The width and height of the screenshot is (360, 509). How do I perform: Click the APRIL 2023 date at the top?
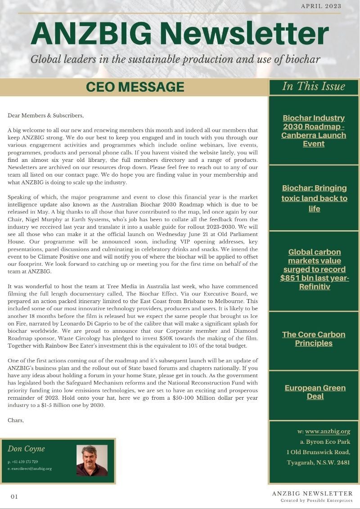[321, 6]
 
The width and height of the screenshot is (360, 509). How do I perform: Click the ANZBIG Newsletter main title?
[180, 34]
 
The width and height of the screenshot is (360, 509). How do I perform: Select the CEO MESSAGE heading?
[135, 87]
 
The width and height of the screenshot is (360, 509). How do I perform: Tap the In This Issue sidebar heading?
[314, 86]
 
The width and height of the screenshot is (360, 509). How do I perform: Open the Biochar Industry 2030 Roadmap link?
[314, 131]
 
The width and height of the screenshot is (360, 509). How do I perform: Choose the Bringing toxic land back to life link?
[315, 198]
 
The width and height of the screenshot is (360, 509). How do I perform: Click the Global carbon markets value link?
[314, 269]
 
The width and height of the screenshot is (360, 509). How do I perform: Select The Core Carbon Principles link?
[314, 339]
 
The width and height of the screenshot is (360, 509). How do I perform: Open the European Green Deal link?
[315, 392]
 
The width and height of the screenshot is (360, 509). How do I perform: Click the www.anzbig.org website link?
[327, 432]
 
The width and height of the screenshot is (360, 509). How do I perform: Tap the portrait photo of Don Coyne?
[92, 460]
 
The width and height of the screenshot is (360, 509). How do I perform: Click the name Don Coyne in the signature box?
[26, 449]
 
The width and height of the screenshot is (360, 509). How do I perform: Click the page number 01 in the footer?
[14, 496]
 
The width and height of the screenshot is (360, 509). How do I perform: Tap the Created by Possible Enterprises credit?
[316, 500]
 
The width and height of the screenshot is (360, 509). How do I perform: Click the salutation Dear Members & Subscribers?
[46, 116]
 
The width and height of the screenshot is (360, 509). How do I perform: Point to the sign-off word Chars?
[16, 420]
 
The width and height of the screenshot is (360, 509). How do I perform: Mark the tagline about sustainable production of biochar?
[175, 59]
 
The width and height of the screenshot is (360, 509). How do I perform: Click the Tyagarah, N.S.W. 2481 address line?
[318, 462]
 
